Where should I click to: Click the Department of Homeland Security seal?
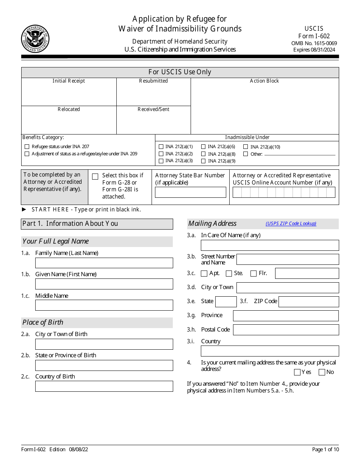pos(35,39)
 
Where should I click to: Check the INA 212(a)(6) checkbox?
pos(203,147)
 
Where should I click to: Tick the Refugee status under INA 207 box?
pos(27,147)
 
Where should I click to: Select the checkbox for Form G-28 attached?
pos(95,176)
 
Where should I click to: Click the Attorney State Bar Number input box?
pos(190,192)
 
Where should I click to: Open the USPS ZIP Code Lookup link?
pos(291,224)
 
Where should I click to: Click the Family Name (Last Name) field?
pos(104,263)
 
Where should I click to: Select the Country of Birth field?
pos(104,386)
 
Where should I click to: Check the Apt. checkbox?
pos(204,274)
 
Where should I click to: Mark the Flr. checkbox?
pos(254,274)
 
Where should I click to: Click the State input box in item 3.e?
pos(226,302)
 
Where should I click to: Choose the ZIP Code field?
pos(308,302)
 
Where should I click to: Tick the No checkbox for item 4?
pos(322,372)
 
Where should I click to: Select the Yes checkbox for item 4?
pos(297,372)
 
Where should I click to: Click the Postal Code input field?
pos(286,330)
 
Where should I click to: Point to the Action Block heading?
pos(264,81)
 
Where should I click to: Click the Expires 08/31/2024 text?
pos(314,50)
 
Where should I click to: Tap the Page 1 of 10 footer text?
pos(325,449)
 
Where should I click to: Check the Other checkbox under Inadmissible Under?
pos(246,154)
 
